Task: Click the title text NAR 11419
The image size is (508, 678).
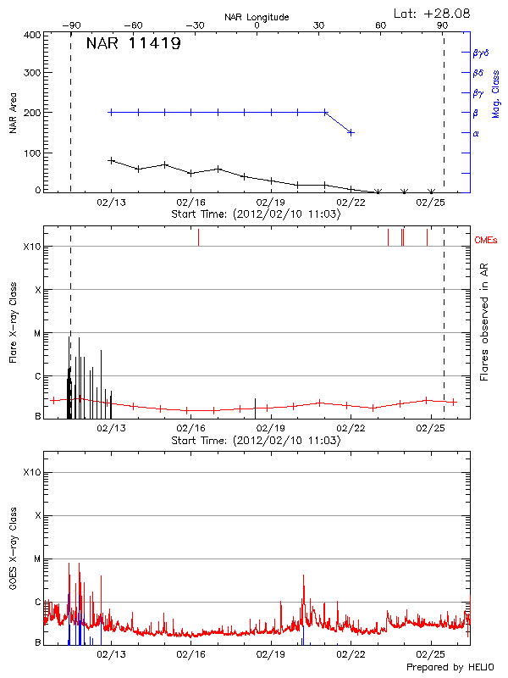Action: [x=133, y=44]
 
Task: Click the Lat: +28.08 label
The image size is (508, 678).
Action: [x=433, y=13]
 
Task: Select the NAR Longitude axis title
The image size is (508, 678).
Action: [x=257, y=17]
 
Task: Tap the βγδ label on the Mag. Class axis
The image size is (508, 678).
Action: [x=480, y=53]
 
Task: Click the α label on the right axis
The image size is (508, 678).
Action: [x=475, y=133]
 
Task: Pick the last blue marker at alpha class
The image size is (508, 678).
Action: [x=351, y=132]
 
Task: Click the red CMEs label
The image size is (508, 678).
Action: [x=488, y=240]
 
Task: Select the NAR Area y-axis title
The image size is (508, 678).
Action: [x=14, y=114]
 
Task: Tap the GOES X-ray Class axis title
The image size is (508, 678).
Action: [x=14, y=552]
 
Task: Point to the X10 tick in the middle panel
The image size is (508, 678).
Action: [x=31, y=247]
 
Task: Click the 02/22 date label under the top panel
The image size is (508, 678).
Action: [x=351, y=203]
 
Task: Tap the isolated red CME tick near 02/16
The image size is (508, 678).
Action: [x=198, y=237]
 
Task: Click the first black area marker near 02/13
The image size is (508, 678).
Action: [x=111, y=159]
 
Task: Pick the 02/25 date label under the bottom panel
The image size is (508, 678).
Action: [x=431, y=654]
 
